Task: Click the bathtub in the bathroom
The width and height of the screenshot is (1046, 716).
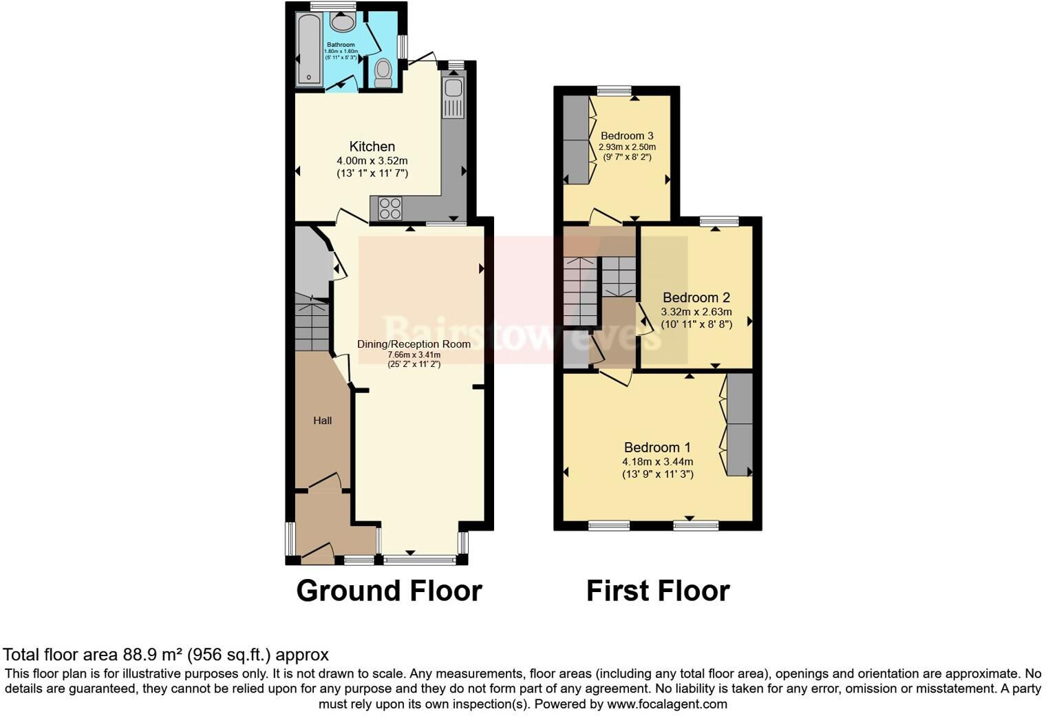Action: point(309,50)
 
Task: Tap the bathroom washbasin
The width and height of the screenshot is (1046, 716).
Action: point(342,23)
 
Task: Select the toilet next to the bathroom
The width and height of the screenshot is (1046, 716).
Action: point(383,72)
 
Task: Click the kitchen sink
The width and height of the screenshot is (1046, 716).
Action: point(453,88)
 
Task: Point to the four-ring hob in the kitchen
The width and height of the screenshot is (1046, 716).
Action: point(389,208)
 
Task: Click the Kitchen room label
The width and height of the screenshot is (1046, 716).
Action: point(372,146)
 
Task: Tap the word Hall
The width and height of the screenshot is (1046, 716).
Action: point(323,421)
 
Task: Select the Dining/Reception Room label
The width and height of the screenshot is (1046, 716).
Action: point(414,344)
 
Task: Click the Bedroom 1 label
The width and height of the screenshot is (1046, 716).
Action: point(657,447)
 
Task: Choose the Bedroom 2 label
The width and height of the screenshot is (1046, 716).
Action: point(696,297)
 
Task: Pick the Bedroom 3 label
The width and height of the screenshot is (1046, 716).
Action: point(626,136)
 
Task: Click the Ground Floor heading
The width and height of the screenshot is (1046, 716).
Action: point(389,591)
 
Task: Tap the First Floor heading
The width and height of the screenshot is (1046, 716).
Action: point(658,591)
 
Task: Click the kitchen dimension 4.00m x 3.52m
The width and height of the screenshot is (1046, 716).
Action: point(372,160)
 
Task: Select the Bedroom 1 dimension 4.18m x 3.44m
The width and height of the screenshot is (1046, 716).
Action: point(657,462)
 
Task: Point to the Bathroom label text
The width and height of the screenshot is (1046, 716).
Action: point(341,45)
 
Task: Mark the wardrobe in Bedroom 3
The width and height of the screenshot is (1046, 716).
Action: point(577,140)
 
